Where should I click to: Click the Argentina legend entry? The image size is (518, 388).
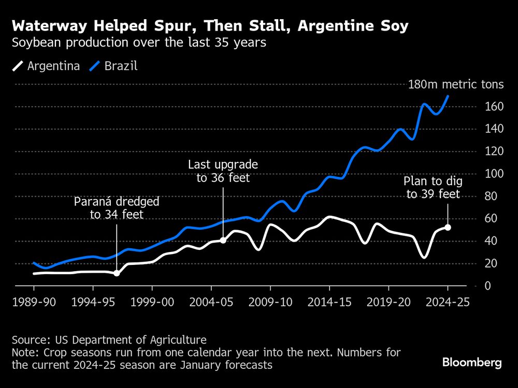tap(46, 66)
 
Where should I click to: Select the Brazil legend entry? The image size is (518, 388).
tap(114, 66)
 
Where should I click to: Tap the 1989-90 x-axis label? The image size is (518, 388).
tap(34, 303)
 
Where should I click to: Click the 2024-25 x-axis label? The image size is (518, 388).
tap(448, 303)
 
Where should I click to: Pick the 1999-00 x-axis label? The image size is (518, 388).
tap(152, 303)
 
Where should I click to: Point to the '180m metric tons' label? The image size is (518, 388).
tap(455, 85)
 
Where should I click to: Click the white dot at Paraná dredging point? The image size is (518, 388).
tap(117, 273)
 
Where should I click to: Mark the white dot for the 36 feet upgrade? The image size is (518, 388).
tap(223, 240)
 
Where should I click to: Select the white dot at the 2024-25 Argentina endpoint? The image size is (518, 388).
tap(448, 228)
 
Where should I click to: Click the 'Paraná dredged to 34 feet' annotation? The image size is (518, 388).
tap(117, 208)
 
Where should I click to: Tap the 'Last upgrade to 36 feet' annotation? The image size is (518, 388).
tap(223, 171)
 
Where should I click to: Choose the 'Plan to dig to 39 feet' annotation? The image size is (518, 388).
tap(433, 188)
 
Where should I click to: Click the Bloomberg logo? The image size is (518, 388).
tap(472, 363)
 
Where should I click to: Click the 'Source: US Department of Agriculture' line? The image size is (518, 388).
tap(109, 340)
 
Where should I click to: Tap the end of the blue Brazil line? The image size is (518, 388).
tap(448, 96)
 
